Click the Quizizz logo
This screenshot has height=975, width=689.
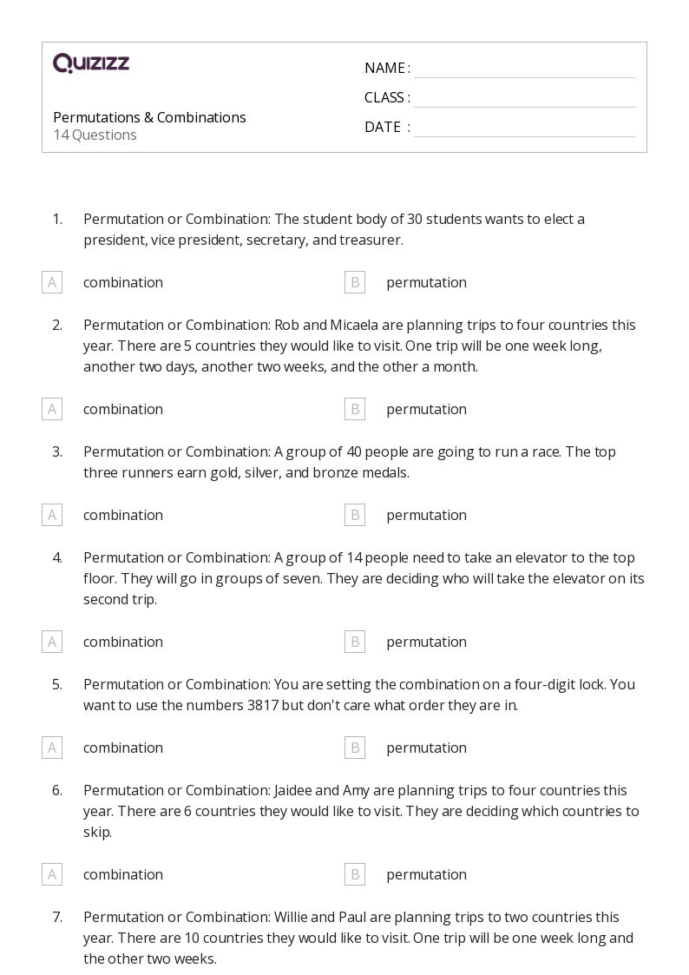(91, 63)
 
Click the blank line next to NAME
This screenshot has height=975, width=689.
(524, 69)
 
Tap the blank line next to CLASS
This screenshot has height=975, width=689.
(524, 99)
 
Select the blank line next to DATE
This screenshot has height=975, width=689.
(524, 128)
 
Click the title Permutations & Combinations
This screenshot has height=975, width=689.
(149, 117)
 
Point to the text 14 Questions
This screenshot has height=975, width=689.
(95, 135)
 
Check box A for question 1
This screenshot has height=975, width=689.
(52, 282)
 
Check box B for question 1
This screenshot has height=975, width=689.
(354, 282)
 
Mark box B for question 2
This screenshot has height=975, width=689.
(354, 409)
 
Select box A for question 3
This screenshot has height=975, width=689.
(52, 515)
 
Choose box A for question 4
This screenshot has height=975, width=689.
(52, 642)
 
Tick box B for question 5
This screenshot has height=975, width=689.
(354, 748)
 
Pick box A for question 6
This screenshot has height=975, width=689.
(52, 874)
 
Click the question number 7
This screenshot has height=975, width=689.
(57, 917)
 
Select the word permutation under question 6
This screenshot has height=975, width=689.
(426, 874)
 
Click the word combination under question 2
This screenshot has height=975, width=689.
(123, 409)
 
